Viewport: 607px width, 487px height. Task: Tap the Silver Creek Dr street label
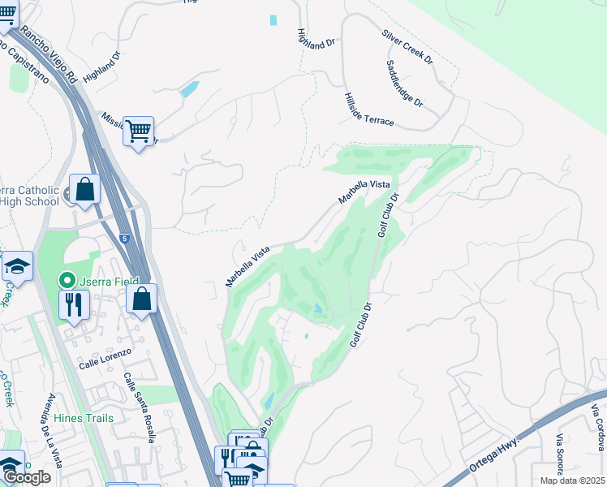(407, 48)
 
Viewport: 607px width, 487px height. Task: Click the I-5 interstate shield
(123, 239)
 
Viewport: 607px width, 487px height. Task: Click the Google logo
(27, 477)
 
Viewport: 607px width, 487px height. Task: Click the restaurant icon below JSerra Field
(74, 305)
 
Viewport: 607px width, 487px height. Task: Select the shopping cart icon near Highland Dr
(139, 130)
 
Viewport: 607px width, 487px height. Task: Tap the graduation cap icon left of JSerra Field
(16, 267)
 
